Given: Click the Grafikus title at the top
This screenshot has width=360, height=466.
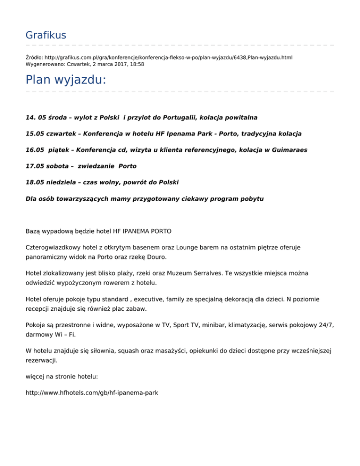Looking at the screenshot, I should pos(45,35).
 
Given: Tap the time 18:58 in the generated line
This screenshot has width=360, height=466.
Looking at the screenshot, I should pos(136,64).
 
